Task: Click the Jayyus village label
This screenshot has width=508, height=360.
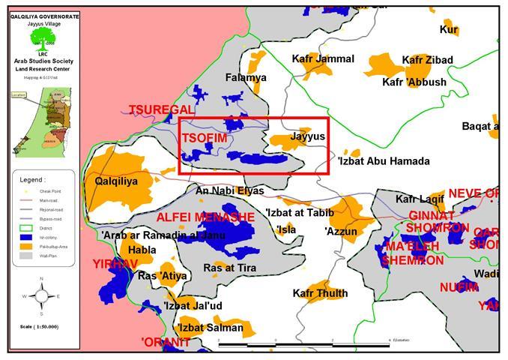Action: [307, 137]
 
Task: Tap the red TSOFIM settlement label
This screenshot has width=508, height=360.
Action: [204, 138]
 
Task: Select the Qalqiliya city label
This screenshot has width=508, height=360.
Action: [116, 181]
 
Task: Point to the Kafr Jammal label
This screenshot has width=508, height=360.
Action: [324, 58]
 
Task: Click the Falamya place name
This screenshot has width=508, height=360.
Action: [246, 77]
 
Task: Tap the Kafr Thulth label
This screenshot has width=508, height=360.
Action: [320, 293]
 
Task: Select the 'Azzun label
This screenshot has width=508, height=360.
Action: [341, 232]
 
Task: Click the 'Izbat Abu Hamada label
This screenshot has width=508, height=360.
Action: [383, 161]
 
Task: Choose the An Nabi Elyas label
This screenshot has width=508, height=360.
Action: [229, 190]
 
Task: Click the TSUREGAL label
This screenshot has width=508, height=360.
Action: [161, 109]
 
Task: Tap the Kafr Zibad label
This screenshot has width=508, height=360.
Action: [427, 59]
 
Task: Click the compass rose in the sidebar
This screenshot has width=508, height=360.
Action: [40, 295]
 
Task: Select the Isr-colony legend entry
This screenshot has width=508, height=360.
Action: [37, 237]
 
